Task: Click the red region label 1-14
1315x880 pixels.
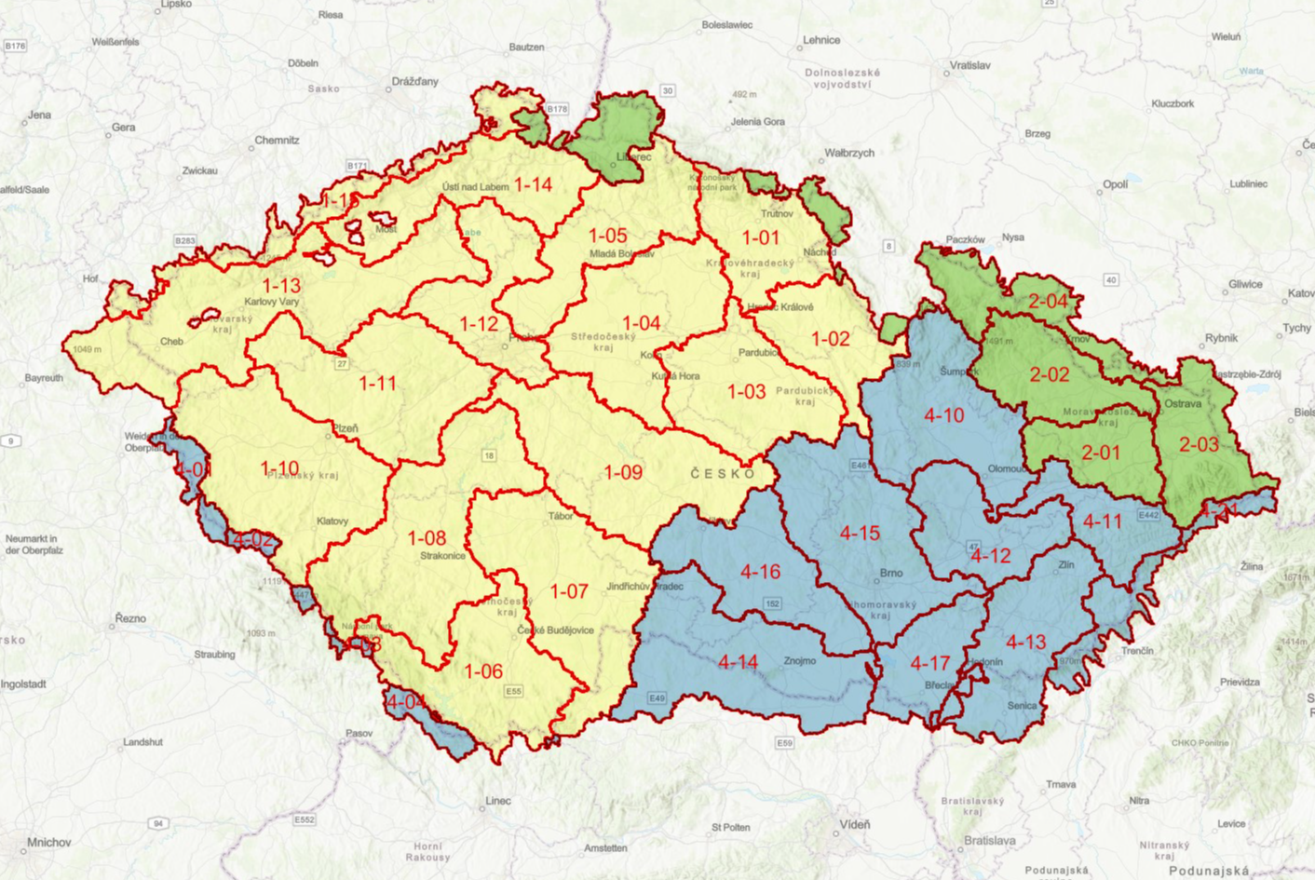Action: pos(533,185)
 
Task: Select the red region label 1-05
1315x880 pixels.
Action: pos(607,237)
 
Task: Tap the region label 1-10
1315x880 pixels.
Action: pos(279,468)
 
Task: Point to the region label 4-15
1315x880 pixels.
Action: pos(859,534)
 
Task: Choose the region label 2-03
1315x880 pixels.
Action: pos(1199,445)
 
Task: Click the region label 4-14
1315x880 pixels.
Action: pos(738,662)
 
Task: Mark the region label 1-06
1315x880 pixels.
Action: pos(483,671)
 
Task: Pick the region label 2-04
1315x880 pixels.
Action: pos(1048,302)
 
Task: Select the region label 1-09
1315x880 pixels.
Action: pos(623,473)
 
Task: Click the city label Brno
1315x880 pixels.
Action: pos(891,573)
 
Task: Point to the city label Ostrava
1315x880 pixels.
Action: pos(1183,404)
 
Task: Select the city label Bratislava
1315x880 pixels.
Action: pos(989,841)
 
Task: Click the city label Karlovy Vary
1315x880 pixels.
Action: pos(271,303)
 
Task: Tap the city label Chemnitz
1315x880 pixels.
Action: pos(277,141)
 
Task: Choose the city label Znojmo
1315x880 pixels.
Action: pos(799,661)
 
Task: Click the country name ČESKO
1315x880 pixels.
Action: pos(723,474)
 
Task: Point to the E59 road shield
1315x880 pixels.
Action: pos(785,743)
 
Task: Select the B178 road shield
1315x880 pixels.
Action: pos(556,109)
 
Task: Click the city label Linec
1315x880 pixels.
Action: pos(498,801)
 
